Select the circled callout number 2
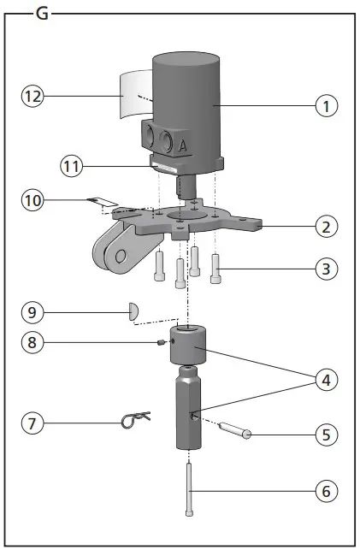pyautogui.click(x=326, y=228)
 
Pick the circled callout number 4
pyautogui.click(x=326, y=379)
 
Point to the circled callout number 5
pyautogui.click(x=326, y=435)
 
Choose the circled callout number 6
pyautogui.click(x=326, y=492)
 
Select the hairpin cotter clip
pyautogui.click(x=134, y=419)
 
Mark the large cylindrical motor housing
pyautogui.click(x=186, y=94)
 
